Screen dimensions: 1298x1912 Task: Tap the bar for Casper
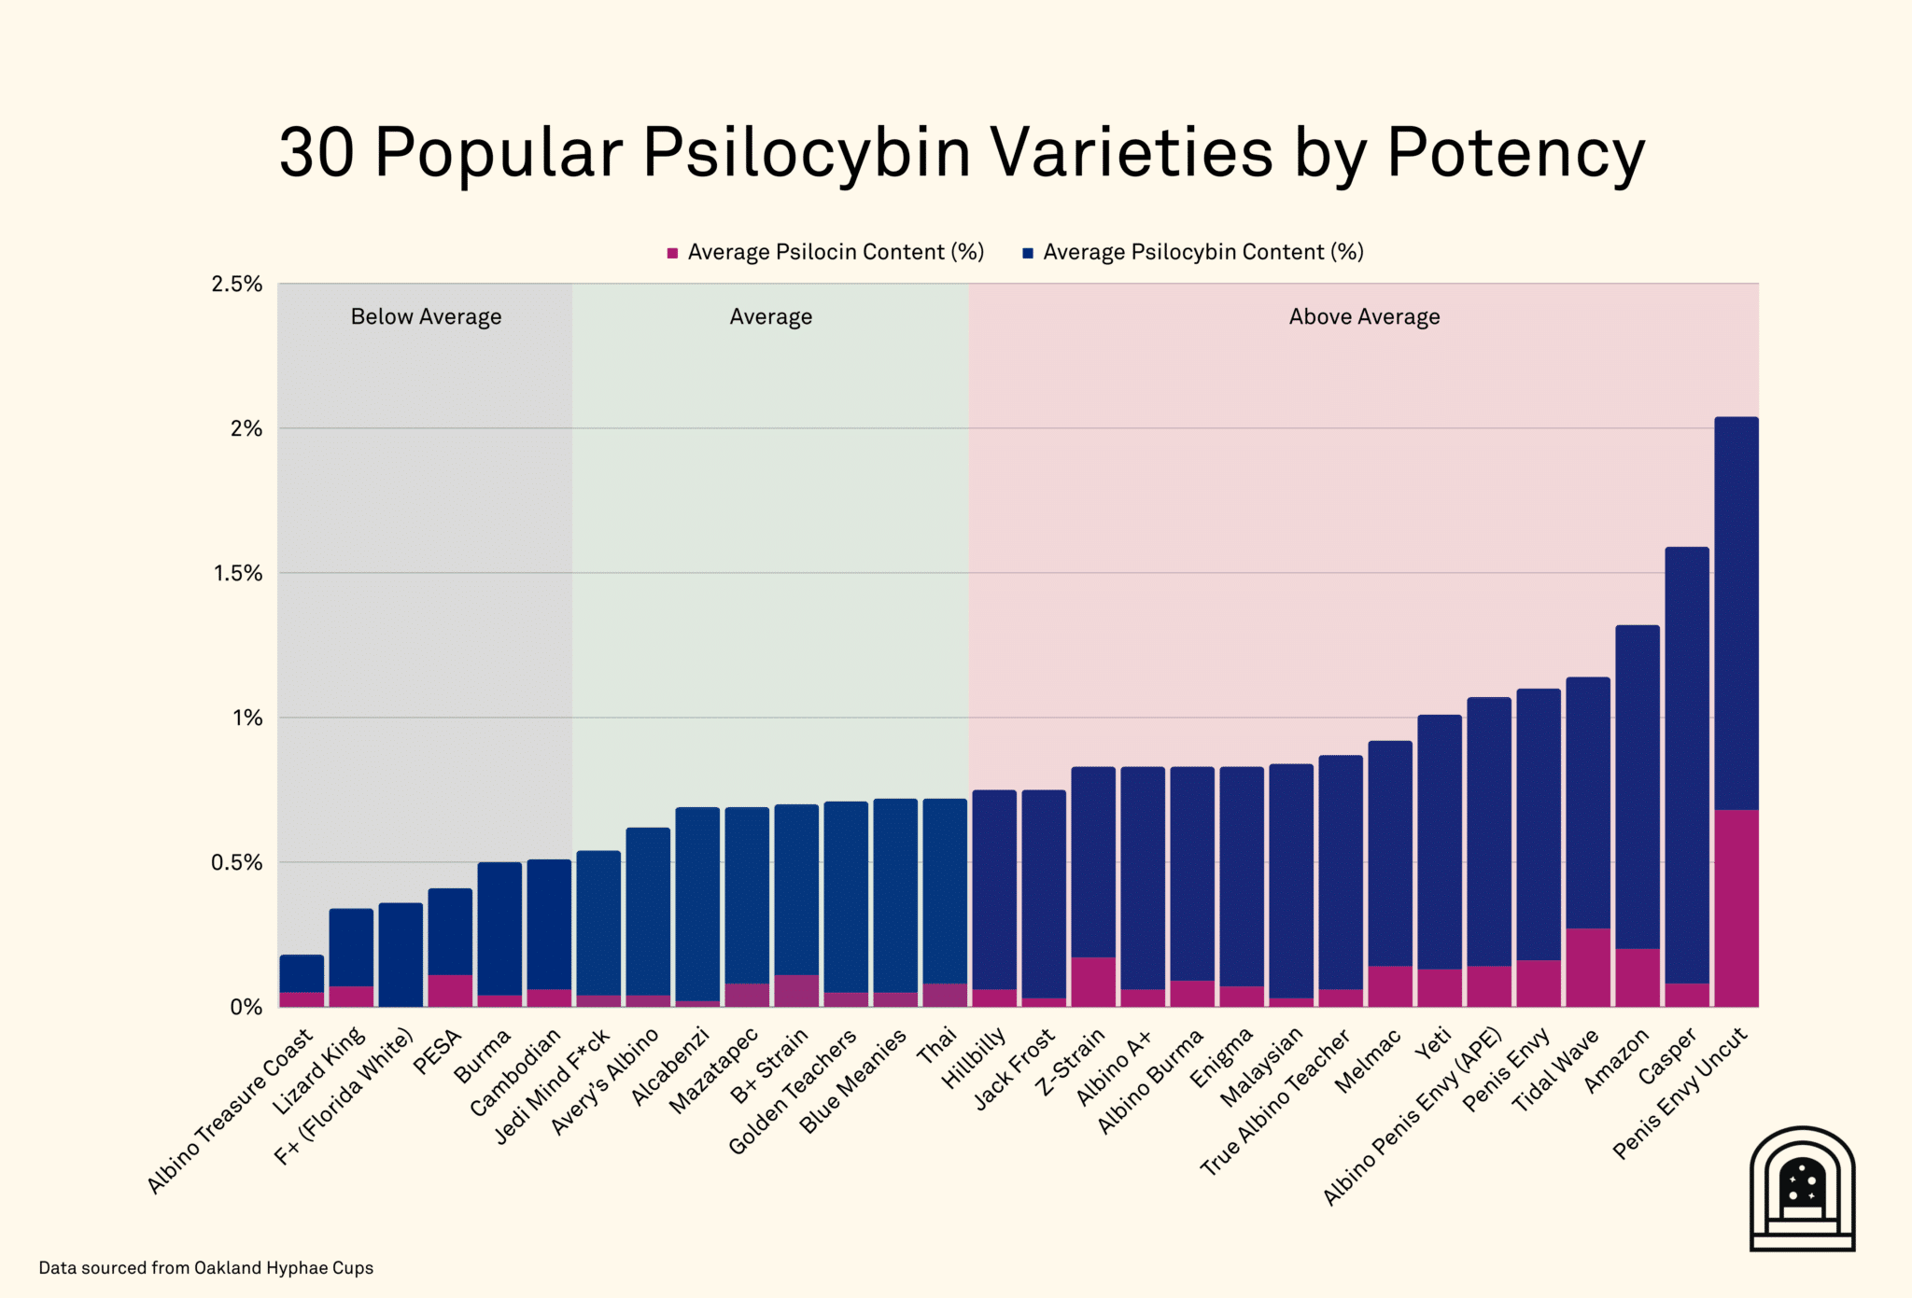(x=1687, y=765)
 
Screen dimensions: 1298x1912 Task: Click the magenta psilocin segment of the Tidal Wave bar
(x=1588, y=967)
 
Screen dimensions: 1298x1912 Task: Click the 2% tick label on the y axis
(x=246, y=428)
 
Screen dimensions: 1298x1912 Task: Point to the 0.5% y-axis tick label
(x=236, y=862)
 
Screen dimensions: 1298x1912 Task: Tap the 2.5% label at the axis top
(x=236, y=284)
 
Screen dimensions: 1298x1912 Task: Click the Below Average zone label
(x=426, y=317)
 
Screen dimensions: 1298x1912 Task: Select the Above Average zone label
(x=1364, y=317)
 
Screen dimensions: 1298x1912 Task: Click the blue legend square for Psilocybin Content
(x=1028, y=253)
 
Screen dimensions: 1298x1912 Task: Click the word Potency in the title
(x=1514, y=152)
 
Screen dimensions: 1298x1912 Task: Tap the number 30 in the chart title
(x=316, y=152)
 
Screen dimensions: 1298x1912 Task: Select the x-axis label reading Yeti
(x=1434, y=1043)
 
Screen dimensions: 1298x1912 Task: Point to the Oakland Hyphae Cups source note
(x=205, y=1268)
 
